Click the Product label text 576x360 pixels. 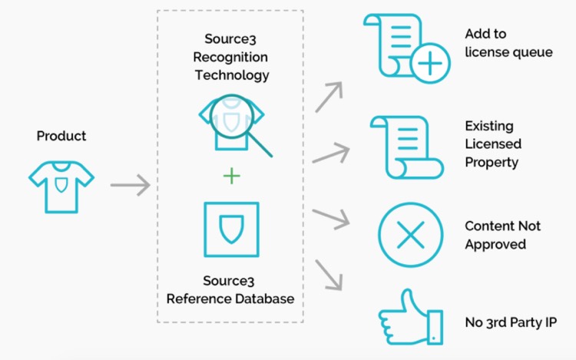click(61, 136)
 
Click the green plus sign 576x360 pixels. click(231, 177)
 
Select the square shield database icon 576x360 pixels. click(230, 230)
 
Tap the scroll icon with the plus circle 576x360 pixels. click(407, 48)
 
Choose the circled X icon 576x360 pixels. click(411, 235)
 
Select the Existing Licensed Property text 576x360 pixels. click(493, 144)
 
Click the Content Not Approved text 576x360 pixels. click(502, 235)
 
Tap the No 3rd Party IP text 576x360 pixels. click(511, 322)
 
